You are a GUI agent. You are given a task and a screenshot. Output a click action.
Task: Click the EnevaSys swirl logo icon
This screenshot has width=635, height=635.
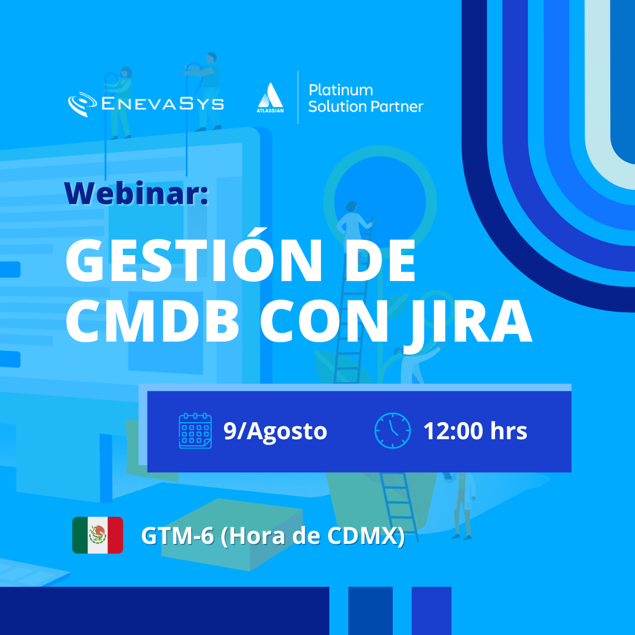coord(82,103)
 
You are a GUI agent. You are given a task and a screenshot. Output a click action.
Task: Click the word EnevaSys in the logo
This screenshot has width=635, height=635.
coord(162,103)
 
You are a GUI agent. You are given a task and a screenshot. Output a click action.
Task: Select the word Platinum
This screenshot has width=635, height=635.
coord(340,90)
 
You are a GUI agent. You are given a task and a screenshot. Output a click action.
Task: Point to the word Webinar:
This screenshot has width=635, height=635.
coord(136,193)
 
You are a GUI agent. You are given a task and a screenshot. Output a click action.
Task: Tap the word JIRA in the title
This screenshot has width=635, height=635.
coord(469,324)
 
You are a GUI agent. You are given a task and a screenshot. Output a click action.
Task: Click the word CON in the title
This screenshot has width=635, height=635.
coord(324,321)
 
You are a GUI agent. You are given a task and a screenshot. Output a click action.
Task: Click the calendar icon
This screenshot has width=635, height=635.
coord(195,430)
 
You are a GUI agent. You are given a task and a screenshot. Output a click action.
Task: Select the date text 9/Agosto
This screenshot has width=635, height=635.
coord(275,431)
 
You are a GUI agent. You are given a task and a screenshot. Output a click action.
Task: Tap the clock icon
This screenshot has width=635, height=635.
coord(392,430)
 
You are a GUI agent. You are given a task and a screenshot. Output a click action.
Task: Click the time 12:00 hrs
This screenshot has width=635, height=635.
coord(475,430)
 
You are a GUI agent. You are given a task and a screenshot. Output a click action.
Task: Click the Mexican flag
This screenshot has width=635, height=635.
coord(98,535)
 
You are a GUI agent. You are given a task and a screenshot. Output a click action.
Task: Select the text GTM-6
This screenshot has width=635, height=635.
coord(178,536)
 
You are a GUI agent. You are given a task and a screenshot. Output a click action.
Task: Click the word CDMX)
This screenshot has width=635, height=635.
coord(366,536)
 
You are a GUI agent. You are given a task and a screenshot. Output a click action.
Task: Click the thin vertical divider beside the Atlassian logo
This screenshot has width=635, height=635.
coord(298,97)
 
